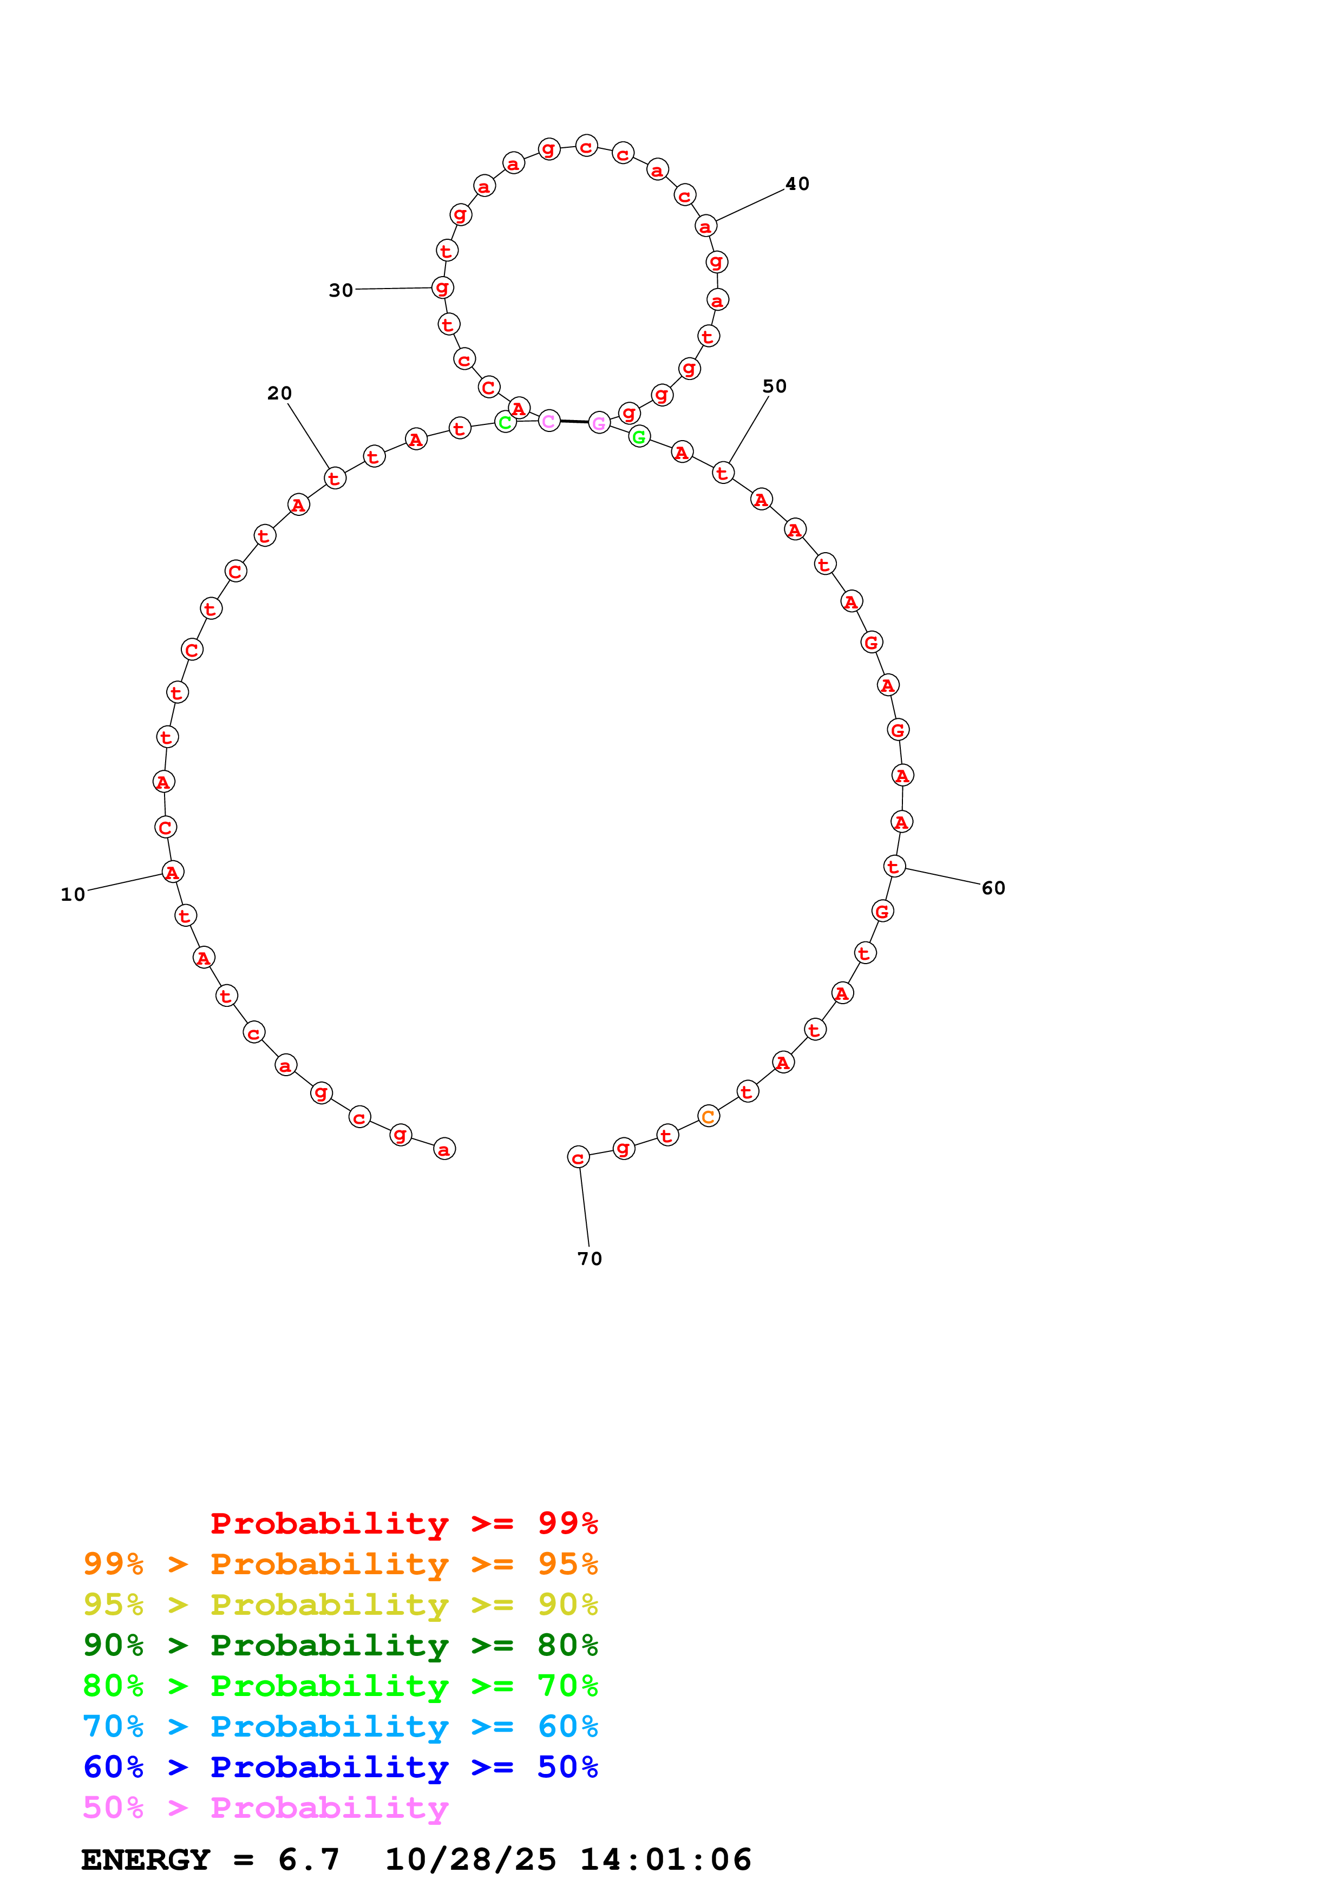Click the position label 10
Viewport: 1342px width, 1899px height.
click(x=73, y=894)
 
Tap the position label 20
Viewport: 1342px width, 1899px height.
click(x=279, y=393)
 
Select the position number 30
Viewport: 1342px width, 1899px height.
click(x=341, y=290)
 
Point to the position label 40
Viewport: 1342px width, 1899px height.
click(x=797, y=184)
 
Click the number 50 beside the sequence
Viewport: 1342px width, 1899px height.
click(x=774, y=387)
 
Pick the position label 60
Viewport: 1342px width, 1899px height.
click(x=993, y=887)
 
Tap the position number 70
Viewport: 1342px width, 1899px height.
click(x=590, y=1259)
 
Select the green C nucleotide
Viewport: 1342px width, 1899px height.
click(x=505, y=423)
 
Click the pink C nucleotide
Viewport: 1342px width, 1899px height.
click(x=549, y=421)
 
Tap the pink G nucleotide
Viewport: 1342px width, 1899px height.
click(x=599, y=423)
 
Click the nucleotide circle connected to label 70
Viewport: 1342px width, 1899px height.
click(x=578, y=1157)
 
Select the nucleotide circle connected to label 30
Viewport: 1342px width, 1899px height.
click(x=442, y=288)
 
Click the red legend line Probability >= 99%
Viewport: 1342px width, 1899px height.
click(x=403, y=1523)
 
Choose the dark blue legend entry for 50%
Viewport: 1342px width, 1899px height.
click(x=340, y=1767)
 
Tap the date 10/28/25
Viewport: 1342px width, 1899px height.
click(x=470, y=1860)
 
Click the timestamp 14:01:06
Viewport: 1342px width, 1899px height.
click(x=666, y=1860)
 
